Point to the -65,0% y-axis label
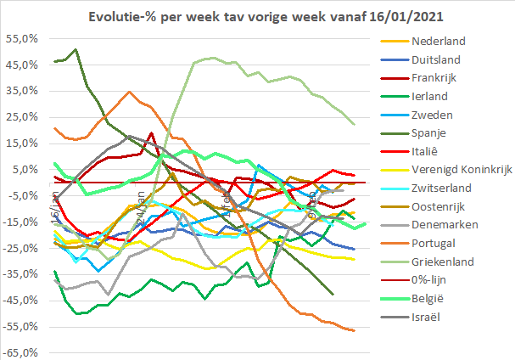19,352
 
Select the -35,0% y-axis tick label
19,274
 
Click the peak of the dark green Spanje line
76,49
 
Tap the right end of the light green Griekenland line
354,125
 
